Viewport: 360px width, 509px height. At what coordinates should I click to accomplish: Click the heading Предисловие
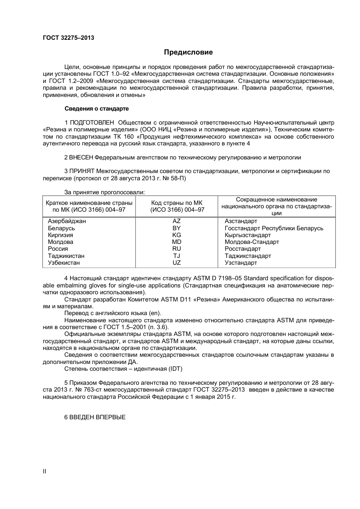tap(188, 52)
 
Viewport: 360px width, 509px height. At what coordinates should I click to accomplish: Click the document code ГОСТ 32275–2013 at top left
tap(68, 37)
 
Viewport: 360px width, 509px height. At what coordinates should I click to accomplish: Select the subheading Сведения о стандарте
tap(97, 109)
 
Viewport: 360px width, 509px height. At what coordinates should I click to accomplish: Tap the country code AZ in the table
tap(177, 221)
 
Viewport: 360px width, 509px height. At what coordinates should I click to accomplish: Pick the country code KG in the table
tap(177, 235)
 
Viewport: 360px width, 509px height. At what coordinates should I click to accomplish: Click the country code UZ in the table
tap(177, 262)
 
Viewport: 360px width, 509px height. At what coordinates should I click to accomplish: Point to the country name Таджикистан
tap(66, 256)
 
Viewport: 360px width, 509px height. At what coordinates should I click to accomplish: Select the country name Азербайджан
tap(67, 221)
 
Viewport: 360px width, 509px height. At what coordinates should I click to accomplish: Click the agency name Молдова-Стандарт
tap(252, 242)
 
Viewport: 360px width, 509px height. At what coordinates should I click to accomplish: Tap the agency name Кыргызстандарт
tap(248, 235)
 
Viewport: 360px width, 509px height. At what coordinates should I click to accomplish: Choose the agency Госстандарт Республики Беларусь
tap(274, 228)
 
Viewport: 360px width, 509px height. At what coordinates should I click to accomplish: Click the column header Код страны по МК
tap(177, 203)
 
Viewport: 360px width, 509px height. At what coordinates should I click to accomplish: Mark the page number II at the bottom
tap(45, 472)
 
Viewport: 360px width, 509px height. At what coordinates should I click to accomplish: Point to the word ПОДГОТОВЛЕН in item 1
tap(92, 123)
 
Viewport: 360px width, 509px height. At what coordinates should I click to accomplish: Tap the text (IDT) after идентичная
tap(175, 369)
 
